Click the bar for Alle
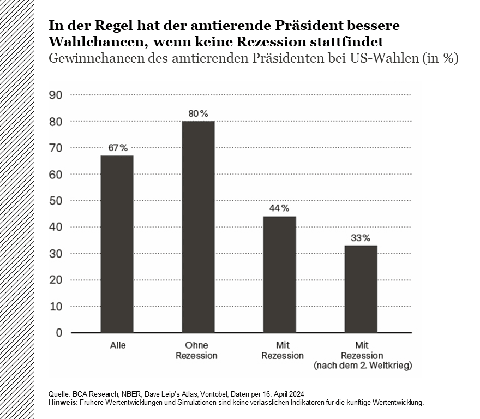point(117,244)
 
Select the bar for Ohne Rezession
point(198,226)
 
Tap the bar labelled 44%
point(279,274)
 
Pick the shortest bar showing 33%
point(361,289)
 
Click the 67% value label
point(117,148)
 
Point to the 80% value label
point(198,113)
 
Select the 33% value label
point(361,238)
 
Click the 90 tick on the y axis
point(56,95)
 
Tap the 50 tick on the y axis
point(56,201)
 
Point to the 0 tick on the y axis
point(59,333)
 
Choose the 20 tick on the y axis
point(56,280)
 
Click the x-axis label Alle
point(117,346)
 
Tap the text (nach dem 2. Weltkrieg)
point(362,366)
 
